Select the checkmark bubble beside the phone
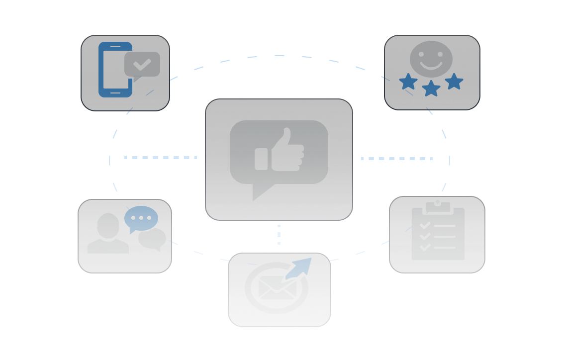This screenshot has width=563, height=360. pyautogui.click(x=142, y=64)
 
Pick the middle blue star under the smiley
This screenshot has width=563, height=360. pyautogui.click(x=431, y=89)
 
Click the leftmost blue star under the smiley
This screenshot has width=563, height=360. pyautogui.click(x=408, y=82)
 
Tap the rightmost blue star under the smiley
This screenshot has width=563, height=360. pyautogui.click(x=454, y=81)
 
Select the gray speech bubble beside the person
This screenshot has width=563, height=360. pyautogui.click(x=152, y=239)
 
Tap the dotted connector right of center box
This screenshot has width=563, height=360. pyautogui.click(x=396, y=159)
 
